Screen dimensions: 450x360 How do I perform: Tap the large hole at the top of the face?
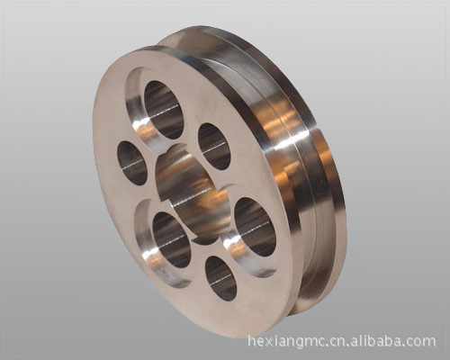pyautogui.click(x=164, y=110)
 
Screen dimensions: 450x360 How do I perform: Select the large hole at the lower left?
pyautogui.click(x=172, y=240)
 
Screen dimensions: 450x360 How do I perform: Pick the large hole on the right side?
pyautogui.click(x=255, y=227)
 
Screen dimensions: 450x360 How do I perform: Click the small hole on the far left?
pyautogui.click(x=132, y=163)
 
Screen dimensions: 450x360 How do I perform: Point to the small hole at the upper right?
pyautogui.click(x=214, y=147)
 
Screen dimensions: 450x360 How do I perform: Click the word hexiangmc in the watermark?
pyautogui.click(x=284, y=342)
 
